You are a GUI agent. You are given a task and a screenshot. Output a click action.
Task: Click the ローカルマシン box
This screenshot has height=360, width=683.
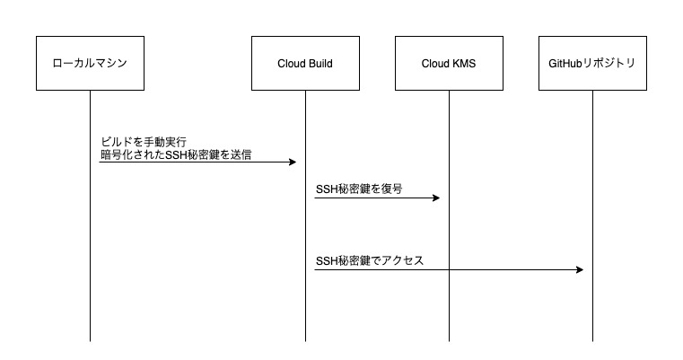point(90,63)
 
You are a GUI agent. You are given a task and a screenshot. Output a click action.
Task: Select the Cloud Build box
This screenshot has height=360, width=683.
point(305,63)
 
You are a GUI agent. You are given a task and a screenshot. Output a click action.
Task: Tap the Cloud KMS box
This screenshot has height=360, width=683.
point(449,63)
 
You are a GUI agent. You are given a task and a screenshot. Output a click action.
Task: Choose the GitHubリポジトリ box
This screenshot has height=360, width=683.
point(592,63)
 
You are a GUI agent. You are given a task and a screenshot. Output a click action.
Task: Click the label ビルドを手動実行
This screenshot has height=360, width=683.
point(144,143)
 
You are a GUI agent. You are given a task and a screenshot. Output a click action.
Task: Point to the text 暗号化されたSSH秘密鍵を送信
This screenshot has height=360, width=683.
point(176,154)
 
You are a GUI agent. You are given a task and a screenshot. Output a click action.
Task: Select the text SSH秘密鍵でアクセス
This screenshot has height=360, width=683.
point(370,261)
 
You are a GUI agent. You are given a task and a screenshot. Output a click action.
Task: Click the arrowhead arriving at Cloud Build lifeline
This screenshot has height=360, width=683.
point(293,162)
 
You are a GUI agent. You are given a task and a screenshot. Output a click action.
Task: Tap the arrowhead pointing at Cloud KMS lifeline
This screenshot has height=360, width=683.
point(436,198)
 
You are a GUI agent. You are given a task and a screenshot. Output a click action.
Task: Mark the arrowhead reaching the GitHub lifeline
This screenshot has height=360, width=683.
point(580,269)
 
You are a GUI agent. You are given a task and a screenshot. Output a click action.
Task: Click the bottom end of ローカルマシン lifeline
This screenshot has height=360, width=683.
point(90,340)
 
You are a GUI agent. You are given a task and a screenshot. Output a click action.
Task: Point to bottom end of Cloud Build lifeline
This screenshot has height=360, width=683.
point(305,340)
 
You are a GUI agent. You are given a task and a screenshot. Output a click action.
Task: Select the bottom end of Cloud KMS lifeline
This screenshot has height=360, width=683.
point(449,340)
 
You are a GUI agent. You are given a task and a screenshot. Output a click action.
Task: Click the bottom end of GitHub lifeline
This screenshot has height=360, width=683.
point(592,340)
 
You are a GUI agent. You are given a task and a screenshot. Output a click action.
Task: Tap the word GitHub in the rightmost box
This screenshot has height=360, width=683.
point(566,63)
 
